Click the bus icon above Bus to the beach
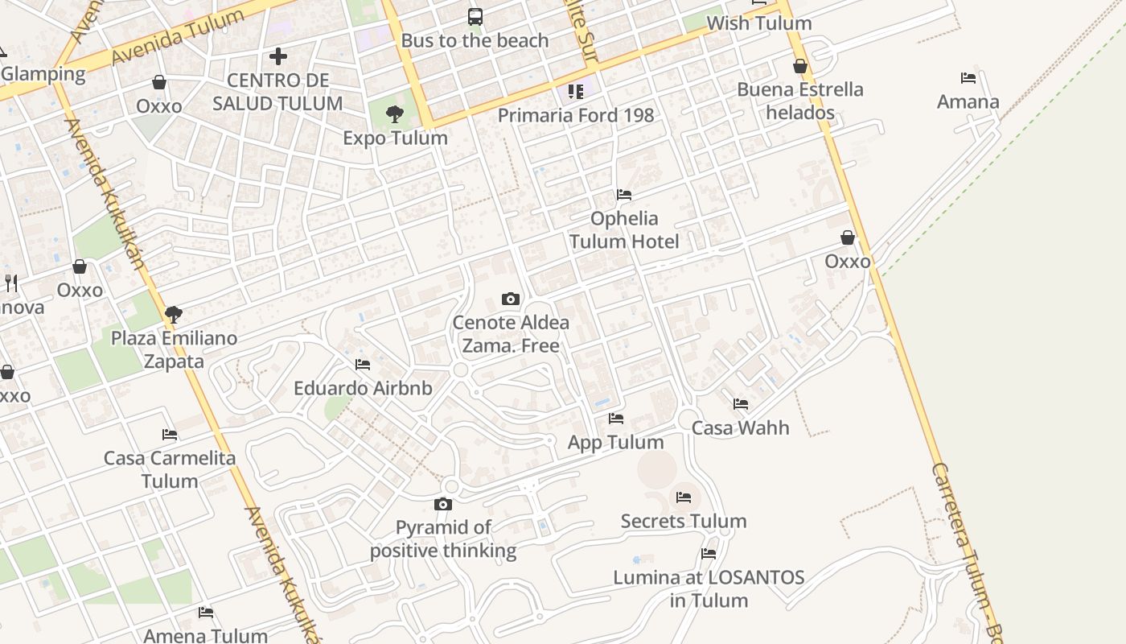click(475, 16)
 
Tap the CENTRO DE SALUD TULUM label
click(278, 92)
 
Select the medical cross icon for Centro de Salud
click(278, 56)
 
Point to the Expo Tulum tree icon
click(394, 114)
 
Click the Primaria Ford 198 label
click(576, 115)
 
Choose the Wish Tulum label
click(759, 23)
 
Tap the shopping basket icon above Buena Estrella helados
click(800, 66)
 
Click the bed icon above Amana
click(968, 78)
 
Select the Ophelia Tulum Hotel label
click(624, 230)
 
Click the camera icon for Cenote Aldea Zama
click(511, 299)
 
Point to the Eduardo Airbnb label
click(363, 388)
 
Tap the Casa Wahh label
click(741, 427)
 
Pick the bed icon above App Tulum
click(616, 419)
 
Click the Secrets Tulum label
click(684, 521)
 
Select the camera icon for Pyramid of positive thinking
click(443, 505)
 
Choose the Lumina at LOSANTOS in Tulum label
click(709, 588)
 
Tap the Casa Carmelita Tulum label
click(170, 469)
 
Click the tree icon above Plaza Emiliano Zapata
click(174, 315)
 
